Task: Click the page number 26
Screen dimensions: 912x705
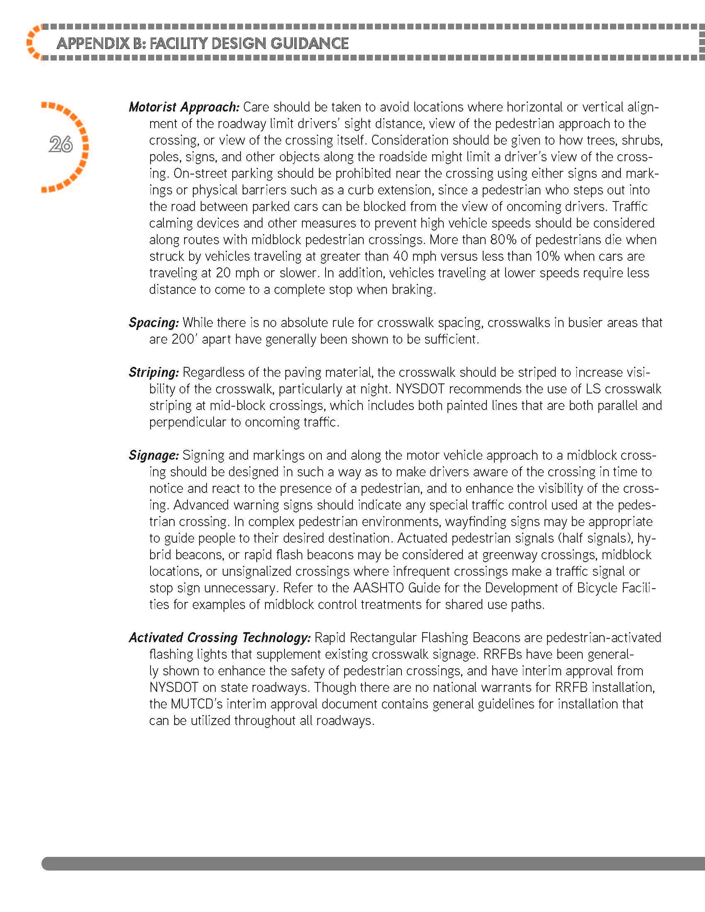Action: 61,145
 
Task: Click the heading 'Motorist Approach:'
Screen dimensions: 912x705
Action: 184,107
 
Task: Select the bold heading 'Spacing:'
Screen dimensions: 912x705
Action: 154,323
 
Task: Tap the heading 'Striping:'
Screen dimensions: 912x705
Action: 154,373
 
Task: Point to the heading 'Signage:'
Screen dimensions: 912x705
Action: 154,456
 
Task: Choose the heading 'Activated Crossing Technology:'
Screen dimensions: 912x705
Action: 220,638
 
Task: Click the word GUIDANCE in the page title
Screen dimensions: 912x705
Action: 309,44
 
